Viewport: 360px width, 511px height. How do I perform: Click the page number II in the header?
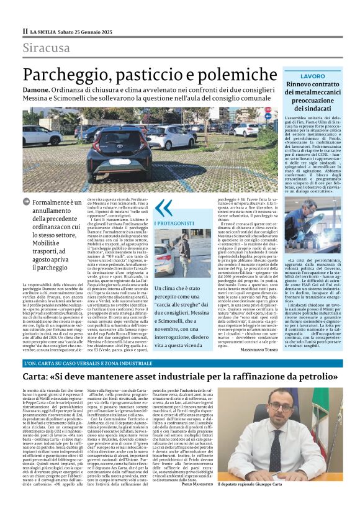(x=25, y=31)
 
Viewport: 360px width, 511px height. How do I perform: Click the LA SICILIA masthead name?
(x=45, y=31)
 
